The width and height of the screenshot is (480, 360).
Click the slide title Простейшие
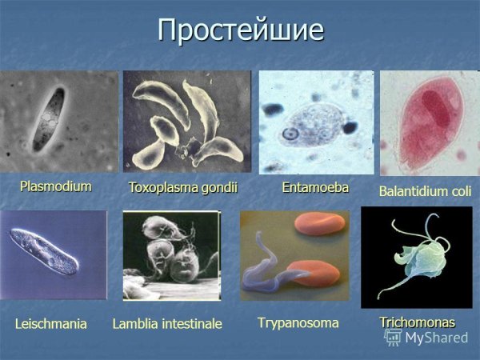click(240, 30)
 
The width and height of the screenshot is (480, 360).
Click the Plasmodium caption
click(56, 186)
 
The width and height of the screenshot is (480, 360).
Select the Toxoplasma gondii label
click(183, 188)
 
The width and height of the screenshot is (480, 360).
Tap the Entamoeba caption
click(315, 187)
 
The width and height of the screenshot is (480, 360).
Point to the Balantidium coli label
click(425, 192)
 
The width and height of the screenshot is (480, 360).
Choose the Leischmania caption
click(50, 323)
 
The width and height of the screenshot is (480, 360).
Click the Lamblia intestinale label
click(167, 324)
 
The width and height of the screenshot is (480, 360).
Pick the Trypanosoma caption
click(298, 322)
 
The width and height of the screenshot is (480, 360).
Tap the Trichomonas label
click(417, 322)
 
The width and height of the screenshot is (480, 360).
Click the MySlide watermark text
click(436, 338)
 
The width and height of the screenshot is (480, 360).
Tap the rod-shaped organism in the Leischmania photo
click(48, 252)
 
